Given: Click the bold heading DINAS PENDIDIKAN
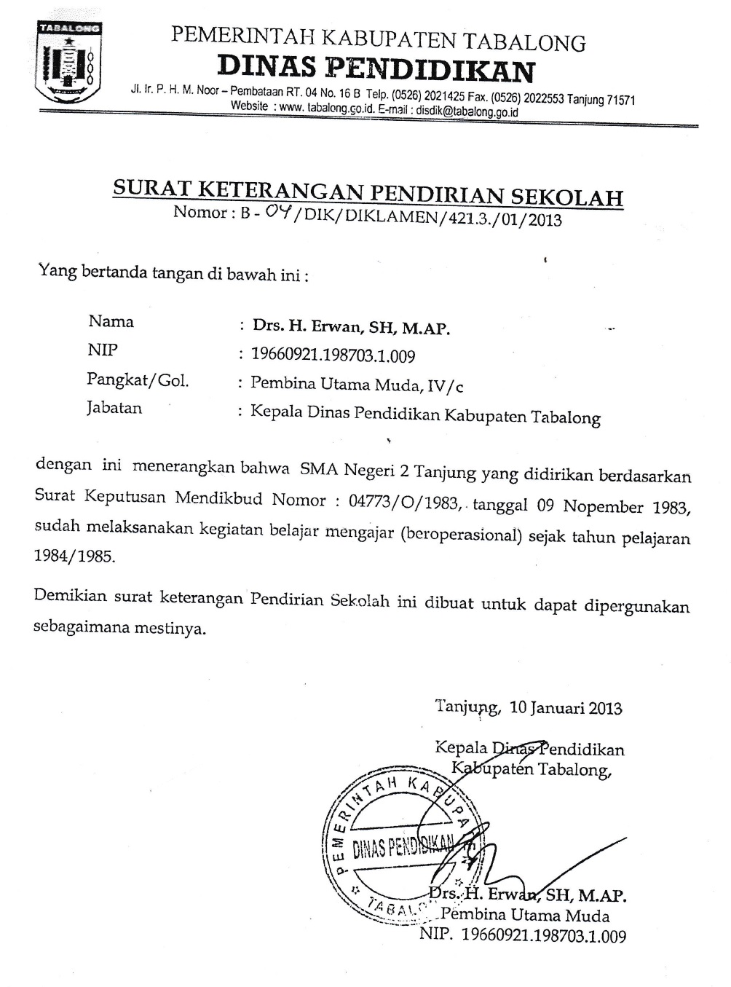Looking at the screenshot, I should click(x=376, y=70).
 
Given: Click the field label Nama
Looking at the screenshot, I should click(x=111, y=321).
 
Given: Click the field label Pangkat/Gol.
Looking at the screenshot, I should click(x=137, y=380).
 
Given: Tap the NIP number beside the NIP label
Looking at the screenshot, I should click(x=333, y=355).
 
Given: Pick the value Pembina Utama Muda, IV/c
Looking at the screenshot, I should click(x=356, y=384).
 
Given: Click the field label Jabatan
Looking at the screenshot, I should click(x=114, y=408).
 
